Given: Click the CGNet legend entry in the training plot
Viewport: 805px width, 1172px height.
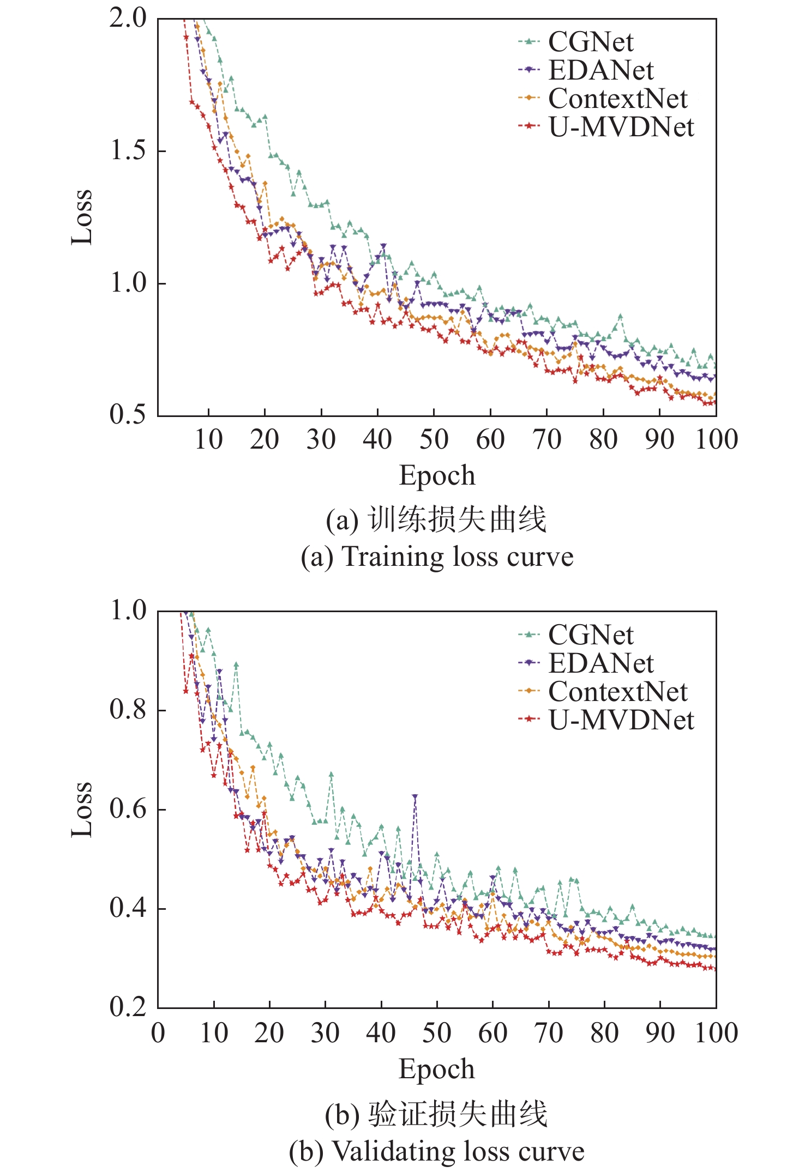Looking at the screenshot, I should [590, 42].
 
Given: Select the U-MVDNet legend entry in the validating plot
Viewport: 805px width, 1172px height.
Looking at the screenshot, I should [621, 720].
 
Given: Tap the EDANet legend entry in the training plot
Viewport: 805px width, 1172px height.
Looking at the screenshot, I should [600, 70].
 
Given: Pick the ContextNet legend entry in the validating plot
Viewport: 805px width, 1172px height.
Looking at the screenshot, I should [617, 692].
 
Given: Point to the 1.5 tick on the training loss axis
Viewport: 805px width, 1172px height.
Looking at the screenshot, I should [129, 150].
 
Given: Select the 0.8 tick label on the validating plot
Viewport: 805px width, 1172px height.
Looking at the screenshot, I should [129, 710].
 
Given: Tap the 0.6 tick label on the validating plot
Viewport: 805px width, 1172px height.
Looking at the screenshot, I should [129, 809].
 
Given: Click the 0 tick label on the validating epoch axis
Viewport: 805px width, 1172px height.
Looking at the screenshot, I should [158, 1034].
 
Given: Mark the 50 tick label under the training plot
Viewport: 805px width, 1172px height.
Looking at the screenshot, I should [434, 439].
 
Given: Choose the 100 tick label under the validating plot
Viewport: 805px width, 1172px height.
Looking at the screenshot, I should [716, 1034].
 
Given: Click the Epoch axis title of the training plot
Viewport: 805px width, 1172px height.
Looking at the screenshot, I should [437, 475].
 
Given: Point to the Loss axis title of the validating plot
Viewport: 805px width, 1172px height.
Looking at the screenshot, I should [82, 809].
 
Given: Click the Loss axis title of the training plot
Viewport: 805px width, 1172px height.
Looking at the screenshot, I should [82, 217].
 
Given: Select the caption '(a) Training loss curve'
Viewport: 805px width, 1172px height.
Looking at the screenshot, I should [437, 557].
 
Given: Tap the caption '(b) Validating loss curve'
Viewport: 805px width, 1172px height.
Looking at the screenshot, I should [437, 1152].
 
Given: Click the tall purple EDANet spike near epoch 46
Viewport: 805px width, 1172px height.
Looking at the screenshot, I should [415, 797].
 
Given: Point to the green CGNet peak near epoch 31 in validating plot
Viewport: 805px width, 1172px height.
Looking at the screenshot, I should [331, 774].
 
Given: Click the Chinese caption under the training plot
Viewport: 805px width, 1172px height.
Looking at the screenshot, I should [437, 519].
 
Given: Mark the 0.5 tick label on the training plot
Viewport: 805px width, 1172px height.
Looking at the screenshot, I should [129, 415].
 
